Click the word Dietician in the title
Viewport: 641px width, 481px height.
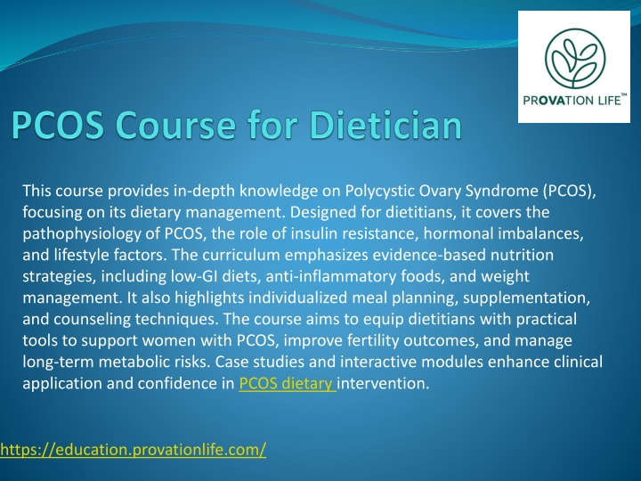pyautogui.click(x=385, y=125)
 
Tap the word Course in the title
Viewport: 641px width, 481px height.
pyautogui.click(x=175, y=125)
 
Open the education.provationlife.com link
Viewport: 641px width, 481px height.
pyautogui.click(x=133, y=450)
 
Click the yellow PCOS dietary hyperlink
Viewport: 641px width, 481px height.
pyautogui.click(x=288, y=383)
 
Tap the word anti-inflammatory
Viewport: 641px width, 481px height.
pyautogui.click(x=330, y=276)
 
